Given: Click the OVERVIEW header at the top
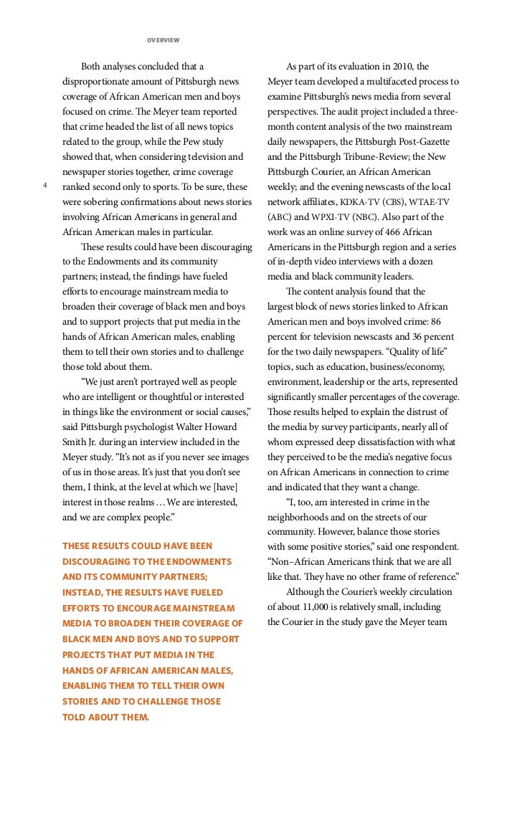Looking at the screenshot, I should (x=163, y=39).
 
